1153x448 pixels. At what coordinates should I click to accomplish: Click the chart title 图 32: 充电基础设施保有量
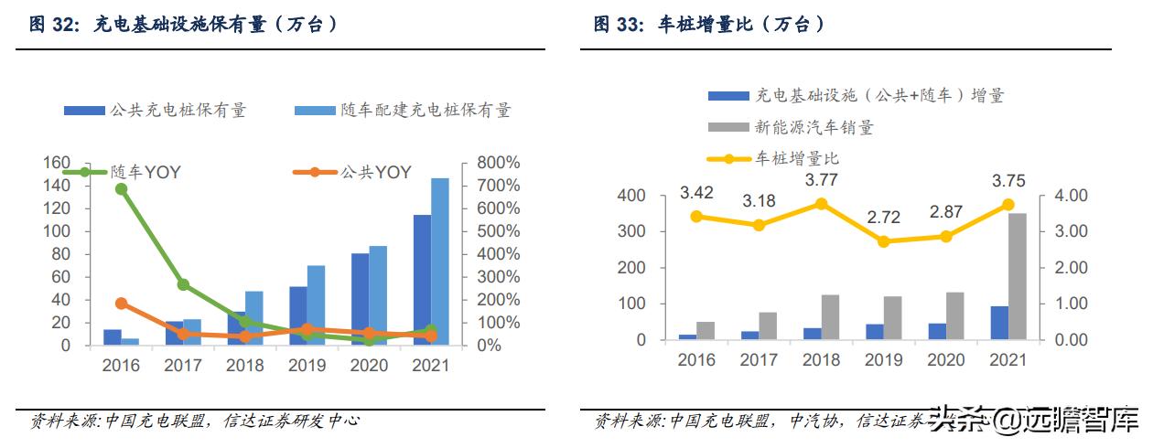[183, 25]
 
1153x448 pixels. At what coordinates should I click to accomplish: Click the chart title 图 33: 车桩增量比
[708, 25]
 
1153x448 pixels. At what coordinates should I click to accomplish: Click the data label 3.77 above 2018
[821, 180]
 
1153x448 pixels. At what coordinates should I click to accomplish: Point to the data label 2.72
[883, 219]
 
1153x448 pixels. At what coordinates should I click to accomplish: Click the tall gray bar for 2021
[1018, 276]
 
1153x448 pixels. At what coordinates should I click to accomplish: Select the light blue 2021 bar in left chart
[440, 261]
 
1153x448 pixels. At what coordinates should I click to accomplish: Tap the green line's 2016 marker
[121, 188]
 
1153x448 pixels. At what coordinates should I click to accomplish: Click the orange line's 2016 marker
[121, 304]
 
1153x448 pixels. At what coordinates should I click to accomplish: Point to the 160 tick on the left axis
[58, 163]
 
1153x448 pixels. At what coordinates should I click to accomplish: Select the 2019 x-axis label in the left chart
[307, 366]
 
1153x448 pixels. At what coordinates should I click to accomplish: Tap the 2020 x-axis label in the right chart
[946, 360]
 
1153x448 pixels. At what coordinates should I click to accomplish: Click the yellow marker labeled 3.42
[697, 217]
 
